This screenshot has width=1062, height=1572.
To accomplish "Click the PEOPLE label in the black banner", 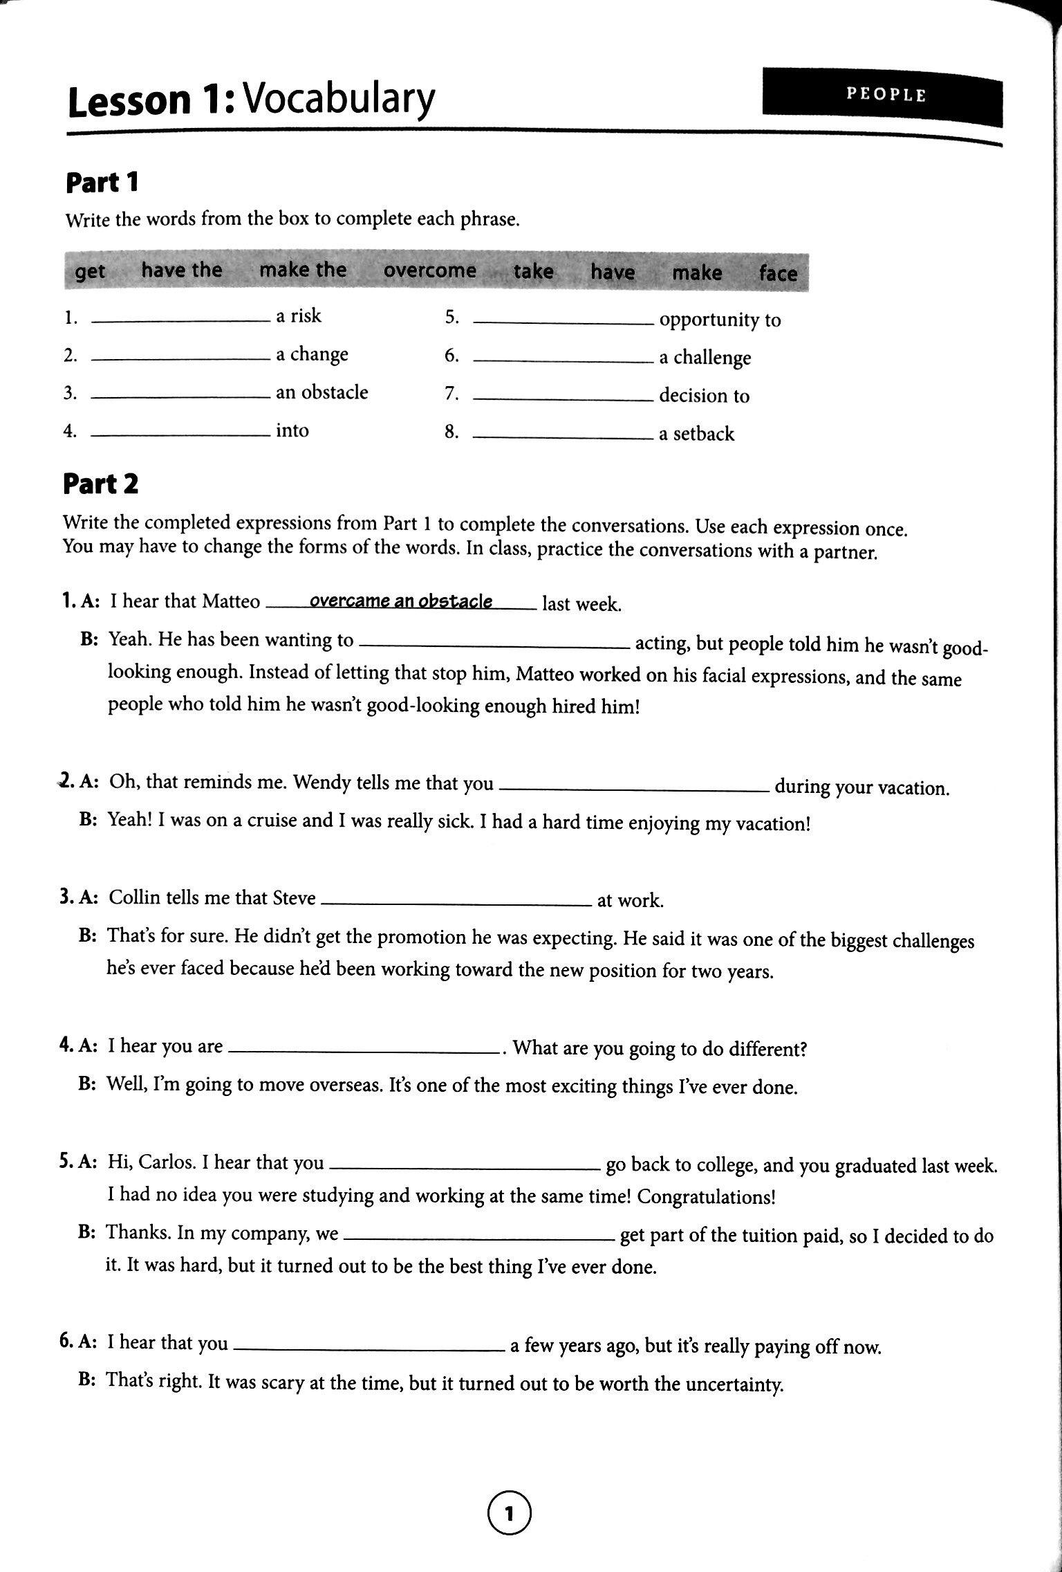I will point(886,95).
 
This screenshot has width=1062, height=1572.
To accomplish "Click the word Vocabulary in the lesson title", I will point(339,99).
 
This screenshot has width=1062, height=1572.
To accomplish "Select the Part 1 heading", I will point(102,183).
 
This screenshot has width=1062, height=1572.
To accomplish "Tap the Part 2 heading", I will point(100,484).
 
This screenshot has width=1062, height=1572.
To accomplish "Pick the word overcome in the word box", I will point(429,270).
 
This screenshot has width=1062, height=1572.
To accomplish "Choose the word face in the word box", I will point(778,273).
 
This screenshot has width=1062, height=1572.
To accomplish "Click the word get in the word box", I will point(90,271).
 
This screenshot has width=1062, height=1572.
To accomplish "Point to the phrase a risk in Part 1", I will point(299,316).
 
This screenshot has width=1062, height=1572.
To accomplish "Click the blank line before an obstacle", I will point(180,396).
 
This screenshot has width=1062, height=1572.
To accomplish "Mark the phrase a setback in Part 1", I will point(696,435).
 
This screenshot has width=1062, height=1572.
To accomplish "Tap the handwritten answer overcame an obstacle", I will point(401,601).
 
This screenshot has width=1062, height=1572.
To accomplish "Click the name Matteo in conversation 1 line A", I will point(231,601).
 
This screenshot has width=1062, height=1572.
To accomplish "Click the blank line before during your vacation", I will point(633,789).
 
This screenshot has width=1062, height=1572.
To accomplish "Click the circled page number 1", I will point(510,1514).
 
